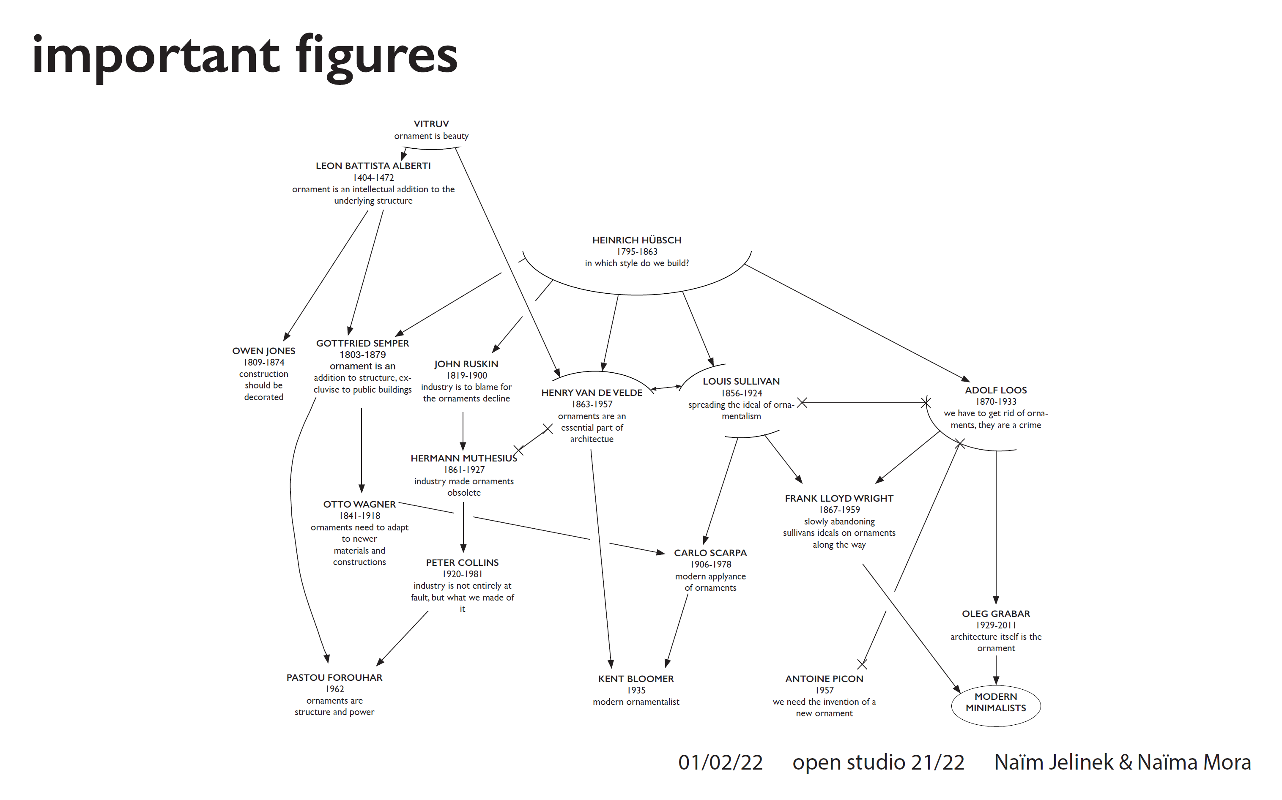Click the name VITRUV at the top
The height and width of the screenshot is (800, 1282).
tap(431, 124)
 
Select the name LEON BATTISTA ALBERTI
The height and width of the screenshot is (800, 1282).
tap(373, 166)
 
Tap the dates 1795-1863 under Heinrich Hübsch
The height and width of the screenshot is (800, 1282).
tap(637, 251)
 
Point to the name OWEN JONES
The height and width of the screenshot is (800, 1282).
tap(263, 351)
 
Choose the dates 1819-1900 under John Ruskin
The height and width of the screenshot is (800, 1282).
tap(466, 375)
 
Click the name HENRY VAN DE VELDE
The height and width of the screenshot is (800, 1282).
tap(592, 393)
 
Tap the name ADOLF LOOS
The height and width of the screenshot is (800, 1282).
tap(996, 390)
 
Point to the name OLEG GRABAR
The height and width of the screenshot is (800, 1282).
tap(996, 614)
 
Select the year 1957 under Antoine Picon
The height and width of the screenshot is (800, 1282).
tap(824, 690)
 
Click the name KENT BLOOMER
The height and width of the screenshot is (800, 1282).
tap(636, 679)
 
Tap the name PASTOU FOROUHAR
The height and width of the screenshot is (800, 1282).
tap(334, 677)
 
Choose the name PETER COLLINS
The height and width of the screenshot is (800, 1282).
tap(462, 562)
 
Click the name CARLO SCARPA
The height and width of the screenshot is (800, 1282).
tap(710, 553)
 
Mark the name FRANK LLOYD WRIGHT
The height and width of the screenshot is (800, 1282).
tap(839, 498)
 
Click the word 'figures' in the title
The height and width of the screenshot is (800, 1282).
tap(376, 55)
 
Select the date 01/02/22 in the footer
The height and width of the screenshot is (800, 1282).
tap(720, 762)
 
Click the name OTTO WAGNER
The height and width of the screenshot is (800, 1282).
tap(359, 504)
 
